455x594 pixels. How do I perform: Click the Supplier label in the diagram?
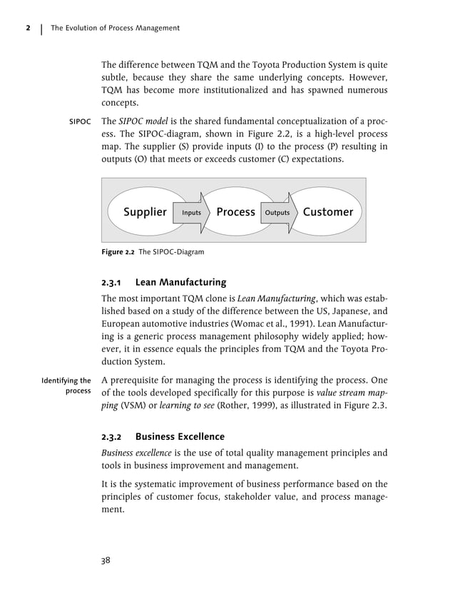coord(145,212)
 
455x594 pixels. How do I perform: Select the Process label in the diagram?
coord(235,212)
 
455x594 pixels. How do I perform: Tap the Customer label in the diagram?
coord(328,212)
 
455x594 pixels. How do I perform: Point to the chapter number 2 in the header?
coord(27,28)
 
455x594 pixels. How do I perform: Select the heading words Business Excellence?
coord(180,436)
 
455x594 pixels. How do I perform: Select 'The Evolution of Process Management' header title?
coord(115,28)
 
